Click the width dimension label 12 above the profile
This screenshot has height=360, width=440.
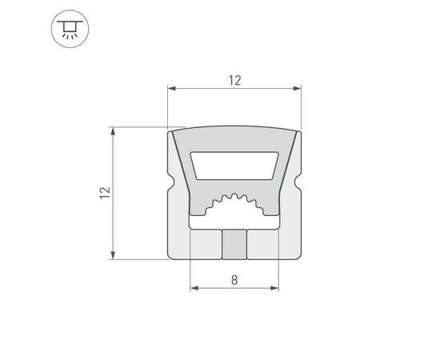point(234,80)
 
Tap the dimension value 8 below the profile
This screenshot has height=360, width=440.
point(234,280)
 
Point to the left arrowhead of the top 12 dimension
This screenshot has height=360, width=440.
point(170,88)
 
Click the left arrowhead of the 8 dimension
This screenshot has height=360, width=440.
point(193,289)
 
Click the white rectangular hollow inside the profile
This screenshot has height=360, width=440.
point(234,167)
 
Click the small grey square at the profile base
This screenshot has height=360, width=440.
point(234,244)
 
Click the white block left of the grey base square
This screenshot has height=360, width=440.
point(204,244)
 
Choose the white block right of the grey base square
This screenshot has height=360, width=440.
point(263,244)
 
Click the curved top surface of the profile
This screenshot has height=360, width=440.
point(234,132)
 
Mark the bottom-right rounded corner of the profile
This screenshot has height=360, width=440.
point(297,256)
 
